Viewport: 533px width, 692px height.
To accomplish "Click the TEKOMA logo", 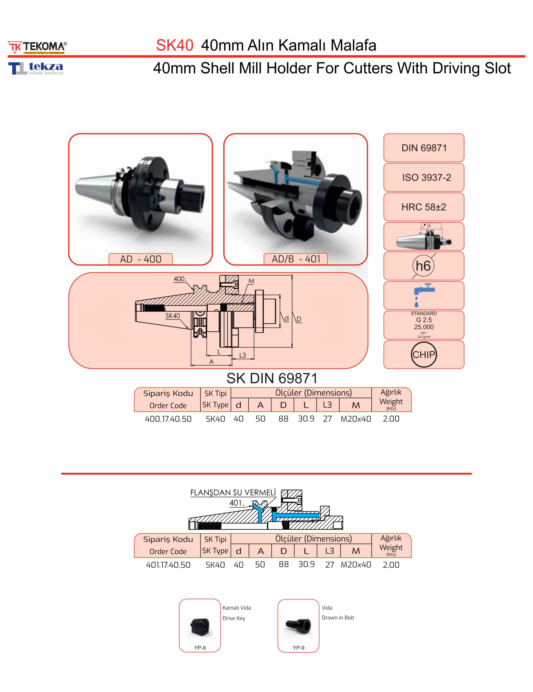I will point(37,47).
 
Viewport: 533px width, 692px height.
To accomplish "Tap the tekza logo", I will point(36,68).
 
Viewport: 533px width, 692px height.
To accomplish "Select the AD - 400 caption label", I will point(141,259).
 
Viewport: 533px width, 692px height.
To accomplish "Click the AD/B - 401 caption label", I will point(296,259).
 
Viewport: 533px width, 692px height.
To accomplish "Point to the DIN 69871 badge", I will point(424,148).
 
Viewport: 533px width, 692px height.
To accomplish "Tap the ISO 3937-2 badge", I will point(424,178).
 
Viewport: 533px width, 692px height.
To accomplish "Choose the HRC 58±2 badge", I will point(424,207).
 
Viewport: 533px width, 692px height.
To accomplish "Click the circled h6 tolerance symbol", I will point(423,266).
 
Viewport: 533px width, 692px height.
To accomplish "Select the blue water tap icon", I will point(423,295).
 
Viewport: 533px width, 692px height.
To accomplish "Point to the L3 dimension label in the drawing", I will point(242,355).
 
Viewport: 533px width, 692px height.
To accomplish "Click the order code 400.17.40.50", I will point(168,419).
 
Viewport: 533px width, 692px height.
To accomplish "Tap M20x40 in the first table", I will point(356,419).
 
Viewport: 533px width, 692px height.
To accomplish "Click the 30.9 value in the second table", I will point(306,564).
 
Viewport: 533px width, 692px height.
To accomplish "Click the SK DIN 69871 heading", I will point(272,378).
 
